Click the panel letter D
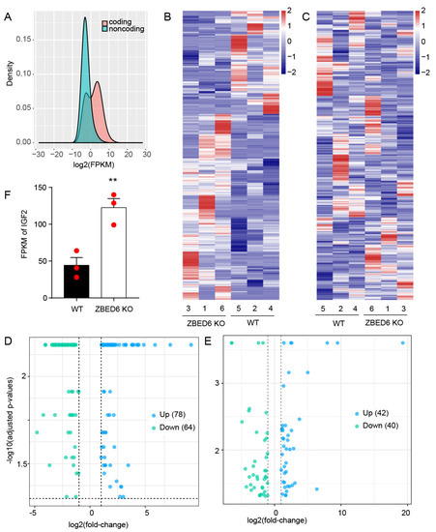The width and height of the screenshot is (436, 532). [7, 342]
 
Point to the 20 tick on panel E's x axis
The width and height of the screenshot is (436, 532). [405, 509]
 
